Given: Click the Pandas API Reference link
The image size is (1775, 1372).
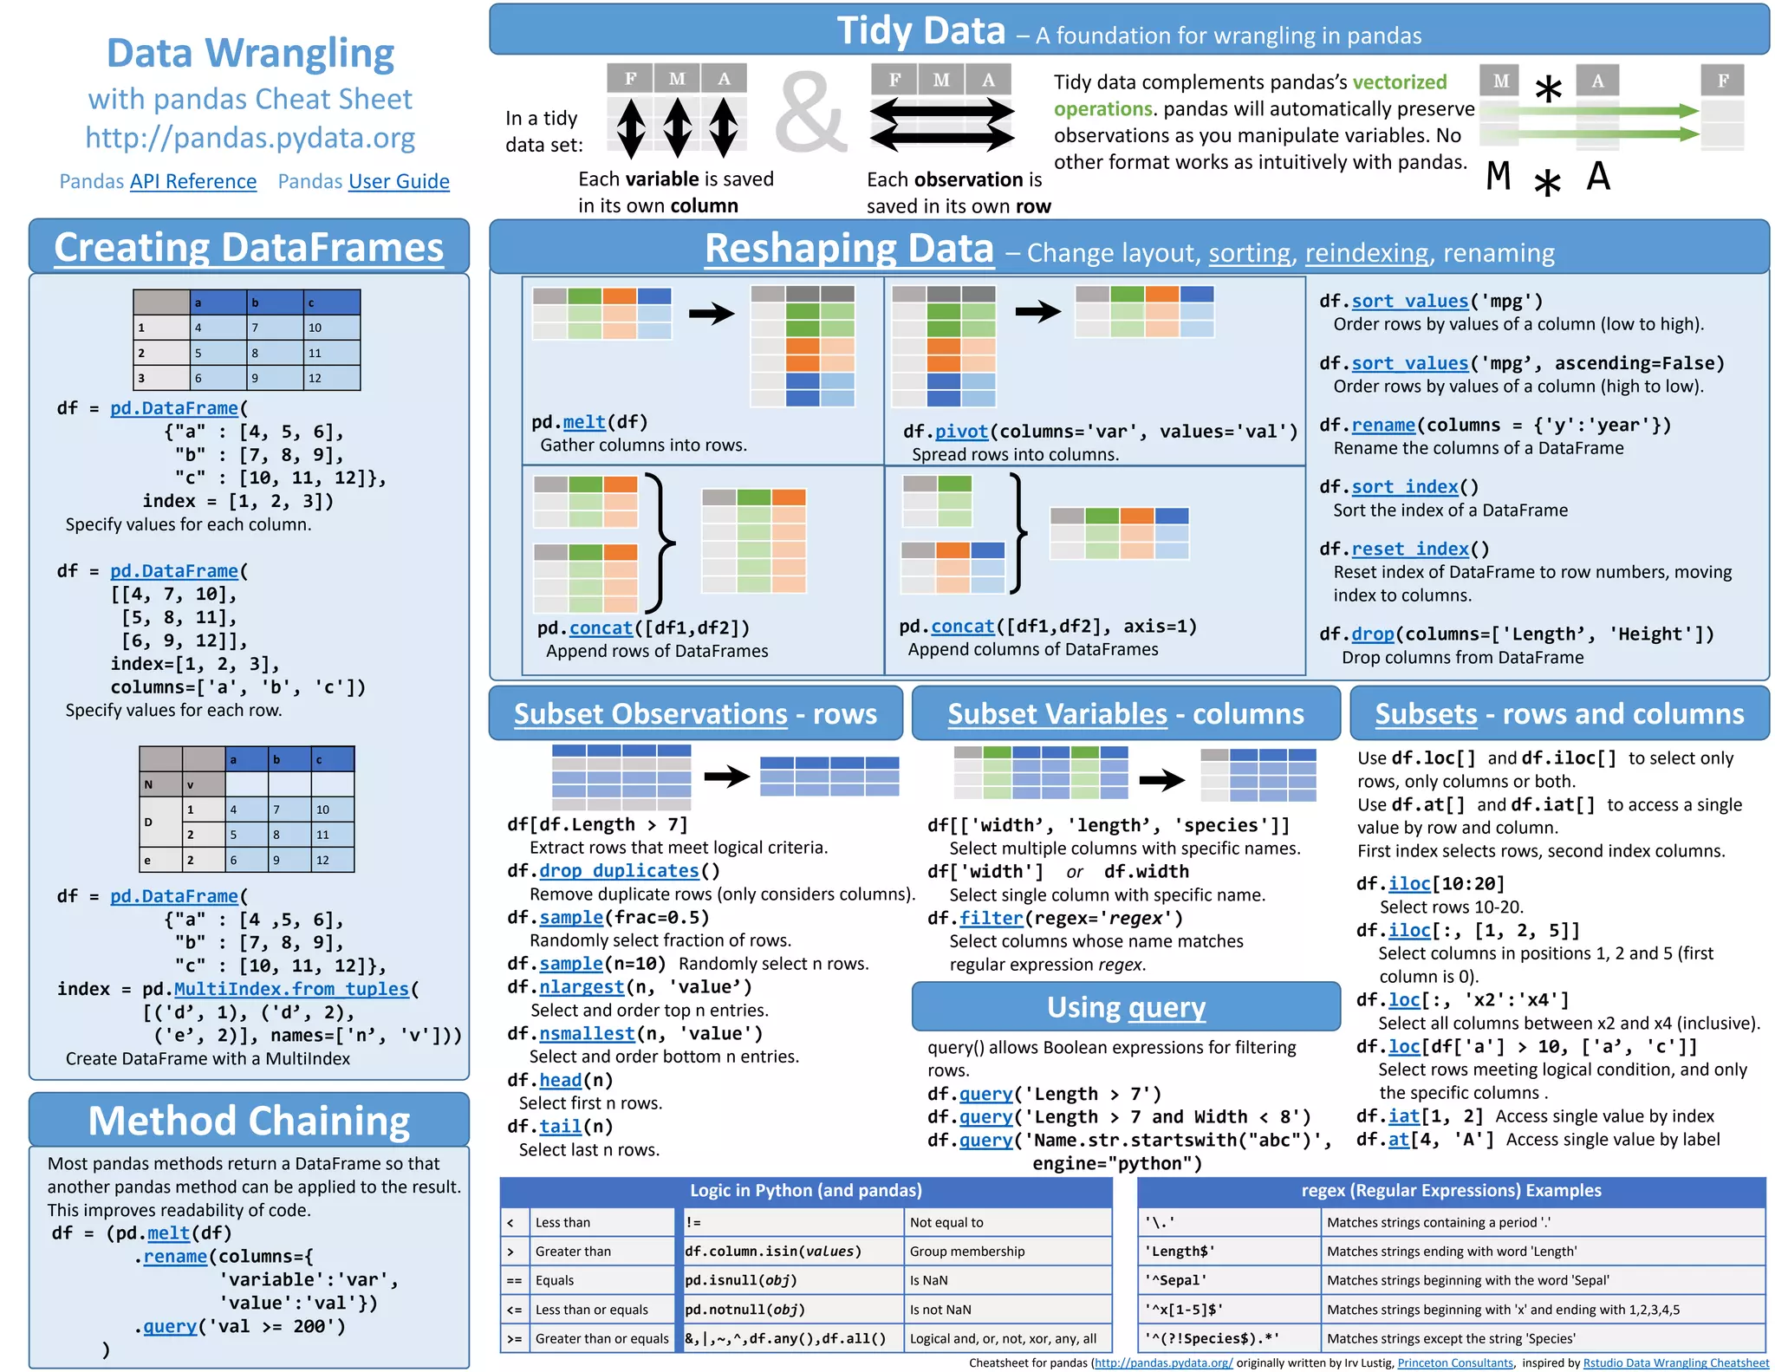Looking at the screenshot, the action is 192,181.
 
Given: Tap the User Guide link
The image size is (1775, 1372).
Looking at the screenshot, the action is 399,181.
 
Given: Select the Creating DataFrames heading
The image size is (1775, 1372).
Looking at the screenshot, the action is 249,248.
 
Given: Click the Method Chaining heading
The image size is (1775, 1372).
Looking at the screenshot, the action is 249,1121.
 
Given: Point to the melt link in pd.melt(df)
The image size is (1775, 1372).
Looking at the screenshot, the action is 584,422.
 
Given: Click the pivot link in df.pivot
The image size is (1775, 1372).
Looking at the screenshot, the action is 961,432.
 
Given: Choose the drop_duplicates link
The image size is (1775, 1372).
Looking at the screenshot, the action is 619,871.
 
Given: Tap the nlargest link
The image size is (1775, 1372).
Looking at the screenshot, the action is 582,987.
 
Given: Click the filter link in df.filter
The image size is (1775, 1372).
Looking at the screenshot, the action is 992,919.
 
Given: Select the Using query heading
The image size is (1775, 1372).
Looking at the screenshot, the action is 1126,1007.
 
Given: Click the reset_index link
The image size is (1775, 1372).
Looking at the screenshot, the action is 1410,549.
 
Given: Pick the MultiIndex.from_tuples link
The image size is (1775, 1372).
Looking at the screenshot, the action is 291,989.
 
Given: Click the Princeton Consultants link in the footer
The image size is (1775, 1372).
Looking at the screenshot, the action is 1455,1363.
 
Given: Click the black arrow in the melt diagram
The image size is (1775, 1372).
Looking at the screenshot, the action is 712,313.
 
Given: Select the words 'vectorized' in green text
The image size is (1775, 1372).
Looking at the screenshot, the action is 1400,82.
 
